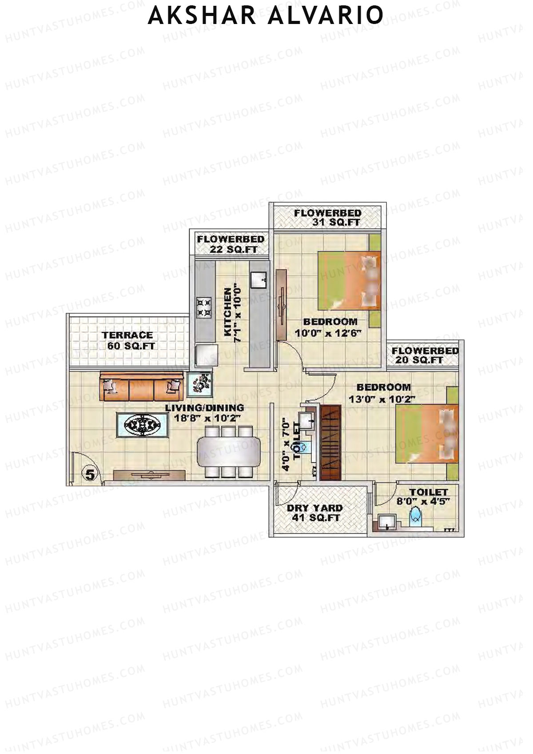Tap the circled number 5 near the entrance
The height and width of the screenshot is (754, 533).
point(90,475)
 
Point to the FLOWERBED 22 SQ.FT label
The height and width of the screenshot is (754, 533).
point(231,244)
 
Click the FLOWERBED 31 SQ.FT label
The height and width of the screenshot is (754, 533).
point(328,218)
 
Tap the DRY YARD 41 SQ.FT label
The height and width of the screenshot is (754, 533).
point(315,513)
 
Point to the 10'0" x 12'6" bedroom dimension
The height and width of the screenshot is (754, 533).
point(328,333)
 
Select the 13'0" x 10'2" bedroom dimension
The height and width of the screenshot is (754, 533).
point(382,399)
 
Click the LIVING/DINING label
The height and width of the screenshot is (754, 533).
point(204,407)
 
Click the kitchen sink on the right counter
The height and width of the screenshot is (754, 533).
point(259,279)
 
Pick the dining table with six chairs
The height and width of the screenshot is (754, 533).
point(229,451)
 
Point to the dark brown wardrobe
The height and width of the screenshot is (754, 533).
point(330,443)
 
